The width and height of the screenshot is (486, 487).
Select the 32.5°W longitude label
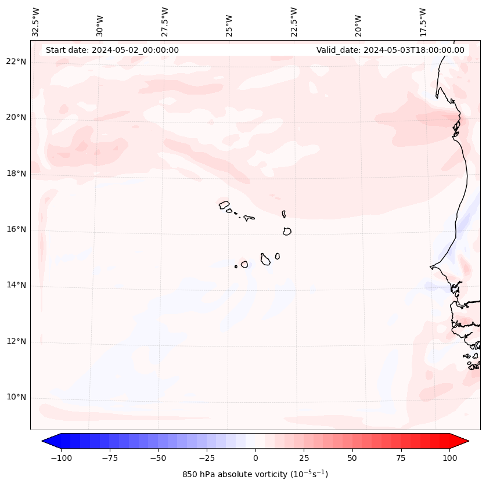point(36,21)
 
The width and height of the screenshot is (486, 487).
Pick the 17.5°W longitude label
point(423,21)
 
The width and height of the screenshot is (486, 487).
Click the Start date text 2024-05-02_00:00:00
point(112,50)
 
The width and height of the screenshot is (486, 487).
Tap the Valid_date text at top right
point(390,50)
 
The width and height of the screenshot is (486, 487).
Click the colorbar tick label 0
point(255,458)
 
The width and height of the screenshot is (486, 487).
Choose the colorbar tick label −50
point(158,458)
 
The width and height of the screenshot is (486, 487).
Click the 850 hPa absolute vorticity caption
point(255,474)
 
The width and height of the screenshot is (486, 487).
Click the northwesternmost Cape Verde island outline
point(224,204)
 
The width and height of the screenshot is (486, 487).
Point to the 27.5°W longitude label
point(165,21)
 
